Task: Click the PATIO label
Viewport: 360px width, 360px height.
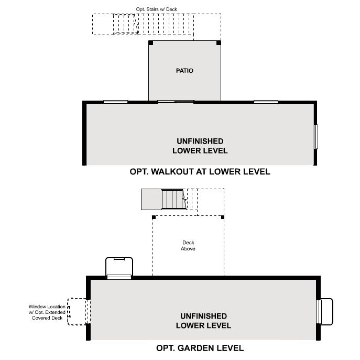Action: [x=184, y=71]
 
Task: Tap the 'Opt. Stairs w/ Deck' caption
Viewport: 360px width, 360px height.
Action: [x=156, y=9]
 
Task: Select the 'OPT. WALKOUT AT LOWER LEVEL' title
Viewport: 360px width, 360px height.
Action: [x=200, y=172]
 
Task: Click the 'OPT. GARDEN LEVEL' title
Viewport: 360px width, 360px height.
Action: [x=200, y=348]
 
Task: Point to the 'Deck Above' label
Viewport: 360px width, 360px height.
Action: [x=188, y=246]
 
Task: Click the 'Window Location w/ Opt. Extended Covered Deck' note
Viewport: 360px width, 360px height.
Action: [x=47, y=312]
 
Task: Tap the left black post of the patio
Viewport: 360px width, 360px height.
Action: [x=150, y=43]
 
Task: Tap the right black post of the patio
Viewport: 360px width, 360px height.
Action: [x=219, y=43]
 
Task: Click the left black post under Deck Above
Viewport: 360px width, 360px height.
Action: [x=154, y=217]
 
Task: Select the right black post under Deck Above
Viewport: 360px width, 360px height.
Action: [x=223, y=217]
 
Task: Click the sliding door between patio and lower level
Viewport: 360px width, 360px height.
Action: [x=176, y=102]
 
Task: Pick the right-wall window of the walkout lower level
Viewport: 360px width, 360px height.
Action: [x=316, y=137]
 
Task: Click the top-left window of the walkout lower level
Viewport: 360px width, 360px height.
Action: [x=115, y=102]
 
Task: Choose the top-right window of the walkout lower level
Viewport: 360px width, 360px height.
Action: [x=266, y=102]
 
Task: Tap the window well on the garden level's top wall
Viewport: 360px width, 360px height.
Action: [x=119, y=268]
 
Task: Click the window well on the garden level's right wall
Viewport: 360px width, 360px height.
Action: [x=325, y=312]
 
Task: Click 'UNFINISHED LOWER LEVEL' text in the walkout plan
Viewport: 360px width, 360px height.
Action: [x=200, y=146]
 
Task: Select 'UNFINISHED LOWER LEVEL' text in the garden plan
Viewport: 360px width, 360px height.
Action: [x=203, y=321]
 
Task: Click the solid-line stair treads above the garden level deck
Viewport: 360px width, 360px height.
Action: [x=173, y=199]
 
